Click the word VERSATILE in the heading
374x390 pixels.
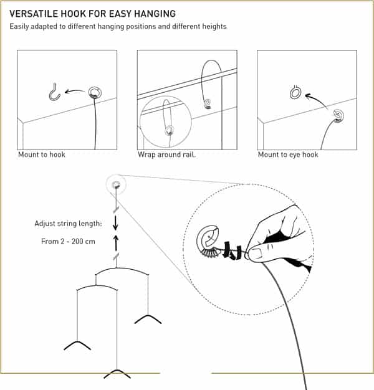(x=36, y=13)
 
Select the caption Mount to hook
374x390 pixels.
(x=42, y=155)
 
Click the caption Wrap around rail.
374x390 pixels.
(x=166, y=155)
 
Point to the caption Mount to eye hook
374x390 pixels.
(x=288, y=155)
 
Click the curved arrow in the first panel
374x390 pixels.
(x=75, y=92)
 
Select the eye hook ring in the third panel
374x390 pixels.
(x=295, y=93)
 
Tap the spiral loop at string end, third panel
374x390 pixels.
(x=337, y=115)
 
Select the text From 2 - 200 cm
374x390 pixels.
(x=68, y=241)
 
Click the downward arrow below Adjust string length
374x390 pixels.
(x=115, y=224)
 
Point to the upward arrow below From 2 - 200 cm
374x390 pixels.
(x=115, y=241)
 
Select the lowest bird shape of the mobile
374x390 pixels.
(x=117, y=373)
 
